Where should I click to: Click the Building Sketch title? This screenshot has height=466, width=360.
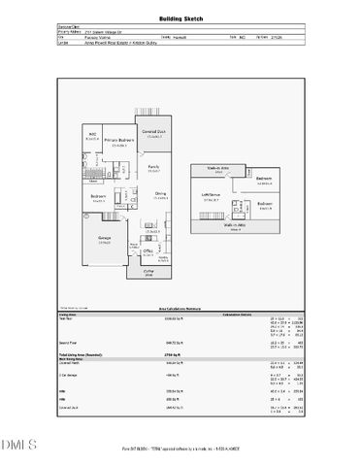tap(180, 19)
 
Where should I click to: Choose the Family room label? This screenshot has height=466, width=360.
tap(153, 169)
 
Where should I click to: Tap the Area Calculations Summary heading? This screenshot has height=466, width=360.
tap(180, 308)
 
